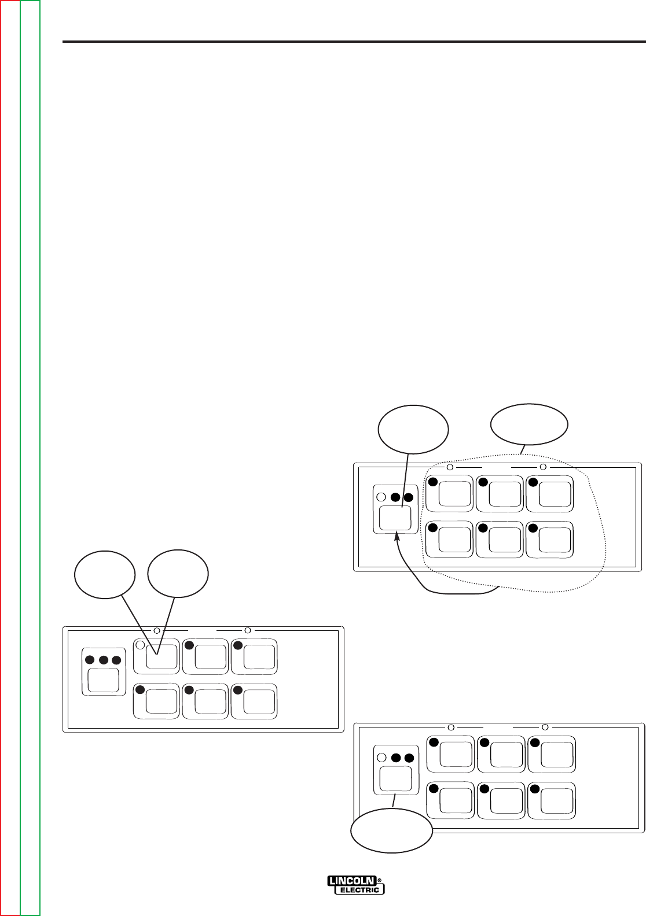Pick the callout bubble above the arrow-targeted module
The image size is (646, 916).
[413, 431]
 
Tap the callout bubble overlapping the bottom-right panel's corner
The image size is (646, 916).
[392, 832]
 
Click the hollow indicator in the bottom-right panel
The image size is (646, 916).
[381, 758]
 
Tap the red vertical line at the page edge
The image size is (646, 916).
[1, 457]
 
